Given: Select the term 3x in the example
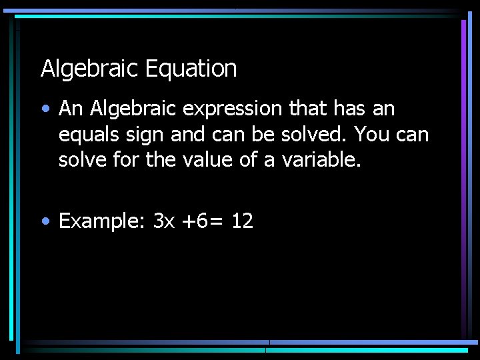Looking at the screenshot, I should coord(164,221).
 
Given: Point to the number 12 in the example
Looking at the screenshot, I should coord(242,221).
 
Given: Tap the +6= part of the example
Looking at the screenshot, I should coord(203,221).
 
